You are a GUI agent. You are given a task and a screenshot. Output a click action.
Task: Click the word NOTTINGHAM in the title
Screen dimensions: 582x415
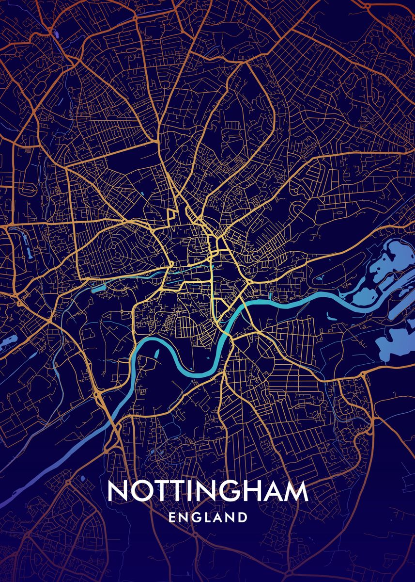(208, 491)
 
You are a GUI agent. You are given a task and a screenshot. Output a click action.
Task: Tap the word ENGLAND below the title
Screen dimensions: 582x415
(208, 517)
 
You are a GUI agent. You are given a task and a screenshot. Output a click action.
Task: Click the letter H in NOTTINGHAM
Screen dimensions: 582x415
(255, 491)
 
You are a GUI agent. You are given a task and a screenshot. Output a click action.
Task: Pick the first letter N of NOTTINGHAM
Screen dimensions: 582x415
(118, 491)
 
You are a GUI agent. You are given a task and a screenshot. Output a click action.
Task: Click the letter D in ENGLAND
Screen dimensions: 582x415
(242, 517)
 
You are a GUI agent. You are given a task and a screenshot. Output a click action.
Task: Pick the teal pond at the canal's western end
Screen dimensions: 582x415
(95, 289)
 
